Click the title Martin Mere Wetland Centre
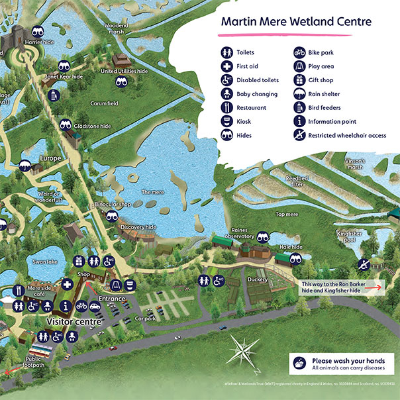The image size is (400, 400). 296,21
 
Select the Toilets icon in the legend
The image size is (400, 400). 227,52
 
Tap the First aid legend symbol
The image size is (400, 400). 227,66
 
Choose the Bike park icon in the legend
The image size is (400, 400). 299,52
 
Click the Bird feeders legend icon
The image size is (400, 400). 299,107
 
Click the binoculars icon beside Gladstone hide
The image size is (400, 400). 66,125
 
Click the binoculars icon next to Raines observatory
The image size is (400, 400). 263,236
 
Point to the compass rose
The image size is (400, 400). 244,346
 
